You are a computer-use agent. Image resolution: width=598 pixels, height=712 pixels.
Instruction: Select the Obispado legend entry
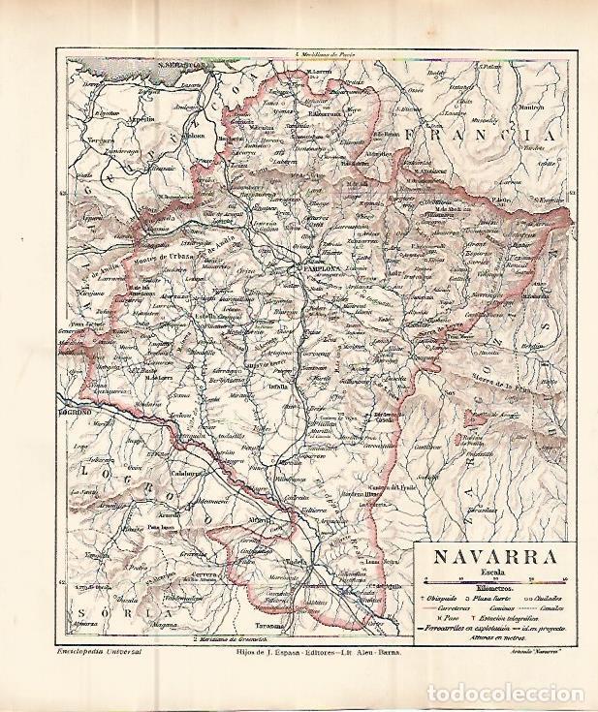pyautogui.click(x=439, y=602)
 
